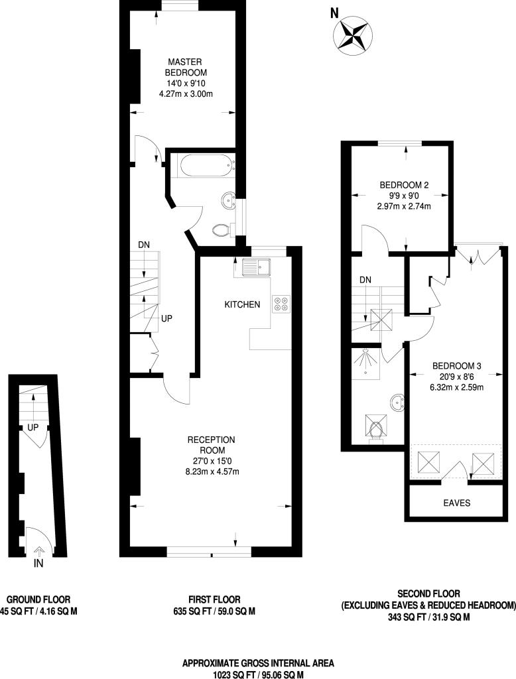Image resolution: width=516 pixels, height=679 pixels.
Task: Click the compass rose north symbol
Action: pyautogui.click(x=353, y=34)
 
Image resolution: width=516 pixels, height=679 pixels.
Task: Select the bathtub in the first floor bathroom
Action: pyautogui.click(x=200, y=164)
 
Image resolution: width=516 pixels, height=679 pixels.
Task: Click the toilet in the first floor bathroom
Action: pyautogui.click(x=222, y=229)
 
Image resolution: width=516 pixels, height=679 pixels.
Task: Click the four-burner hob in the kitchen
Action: pyautogui.click(x=281, y=303)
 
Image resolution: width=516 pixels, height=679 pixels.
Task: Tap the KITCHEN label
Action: pyautogui.click(x=242, y=304)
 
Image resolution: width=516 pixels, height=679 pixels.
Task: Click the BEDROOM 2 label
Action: pyautogui.click(x=404, y=185)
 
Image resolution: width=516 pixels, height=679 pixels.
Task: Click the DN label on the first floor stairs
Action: pyautogui.click(x=144, y=245)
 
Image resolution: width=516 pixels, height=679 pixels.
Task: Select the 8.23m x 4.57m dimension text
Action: pyautogui.click(x=212, y=471)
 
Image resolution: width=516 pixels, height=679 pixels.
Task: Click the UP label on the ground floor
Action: pyautogui.click(x=32, y=428)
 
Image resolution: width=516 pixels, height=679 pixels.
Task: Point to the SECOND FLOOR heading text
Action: pyautogui.click(x=428, y=593)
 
